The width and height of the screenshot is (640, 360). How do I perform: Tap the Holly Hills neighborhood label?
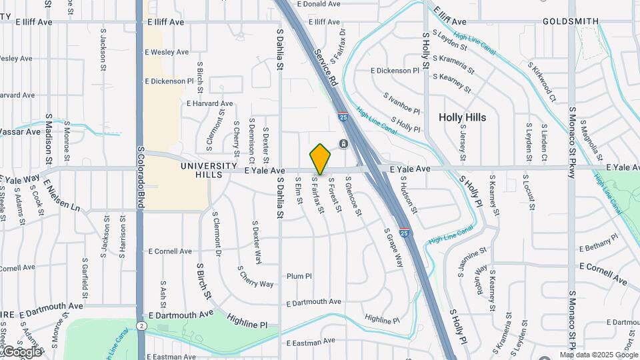[462, 117]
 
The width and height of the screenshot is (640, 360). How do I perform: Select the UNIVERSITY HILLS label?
[209, 170]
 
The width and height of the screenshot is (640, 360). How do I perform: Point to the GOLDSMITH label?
[570, 21]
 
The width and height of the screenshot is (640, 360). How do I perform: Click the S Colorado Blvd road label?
[141, 177]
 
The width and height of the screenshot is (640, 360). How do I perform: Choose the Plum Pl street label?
[299, 276]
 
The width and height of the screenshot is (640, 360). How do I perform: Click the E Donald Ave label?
[319, 4]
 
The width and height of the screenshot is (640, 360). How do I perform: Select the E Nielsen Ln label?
[62, 195]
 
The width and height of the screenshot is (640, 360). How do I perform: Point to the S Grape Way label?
[394, 247]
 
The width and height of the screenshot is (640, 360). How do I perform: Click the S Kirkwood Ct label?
[541, 83]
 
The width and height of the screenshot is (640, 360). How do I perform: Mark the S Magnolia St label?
[592, 137]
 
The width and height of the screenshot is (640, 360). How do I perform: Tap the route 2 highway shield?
[141, 325]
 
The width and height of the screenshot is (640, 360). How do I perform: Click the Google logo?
[21, 351]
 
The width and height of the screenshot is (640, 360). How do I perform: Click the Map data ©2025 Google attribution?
[598, 355]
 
